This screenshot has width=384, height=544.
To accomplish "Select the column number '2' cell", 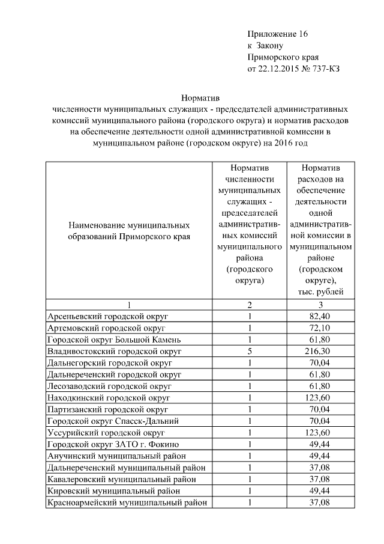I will click(x=249, y=305).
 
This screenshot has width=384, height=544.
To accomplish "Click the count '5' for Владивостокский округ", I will click(x=249, y=351).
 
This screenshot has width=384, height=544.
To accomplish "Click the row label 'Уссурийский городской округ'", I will click(x=107, y=433).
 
